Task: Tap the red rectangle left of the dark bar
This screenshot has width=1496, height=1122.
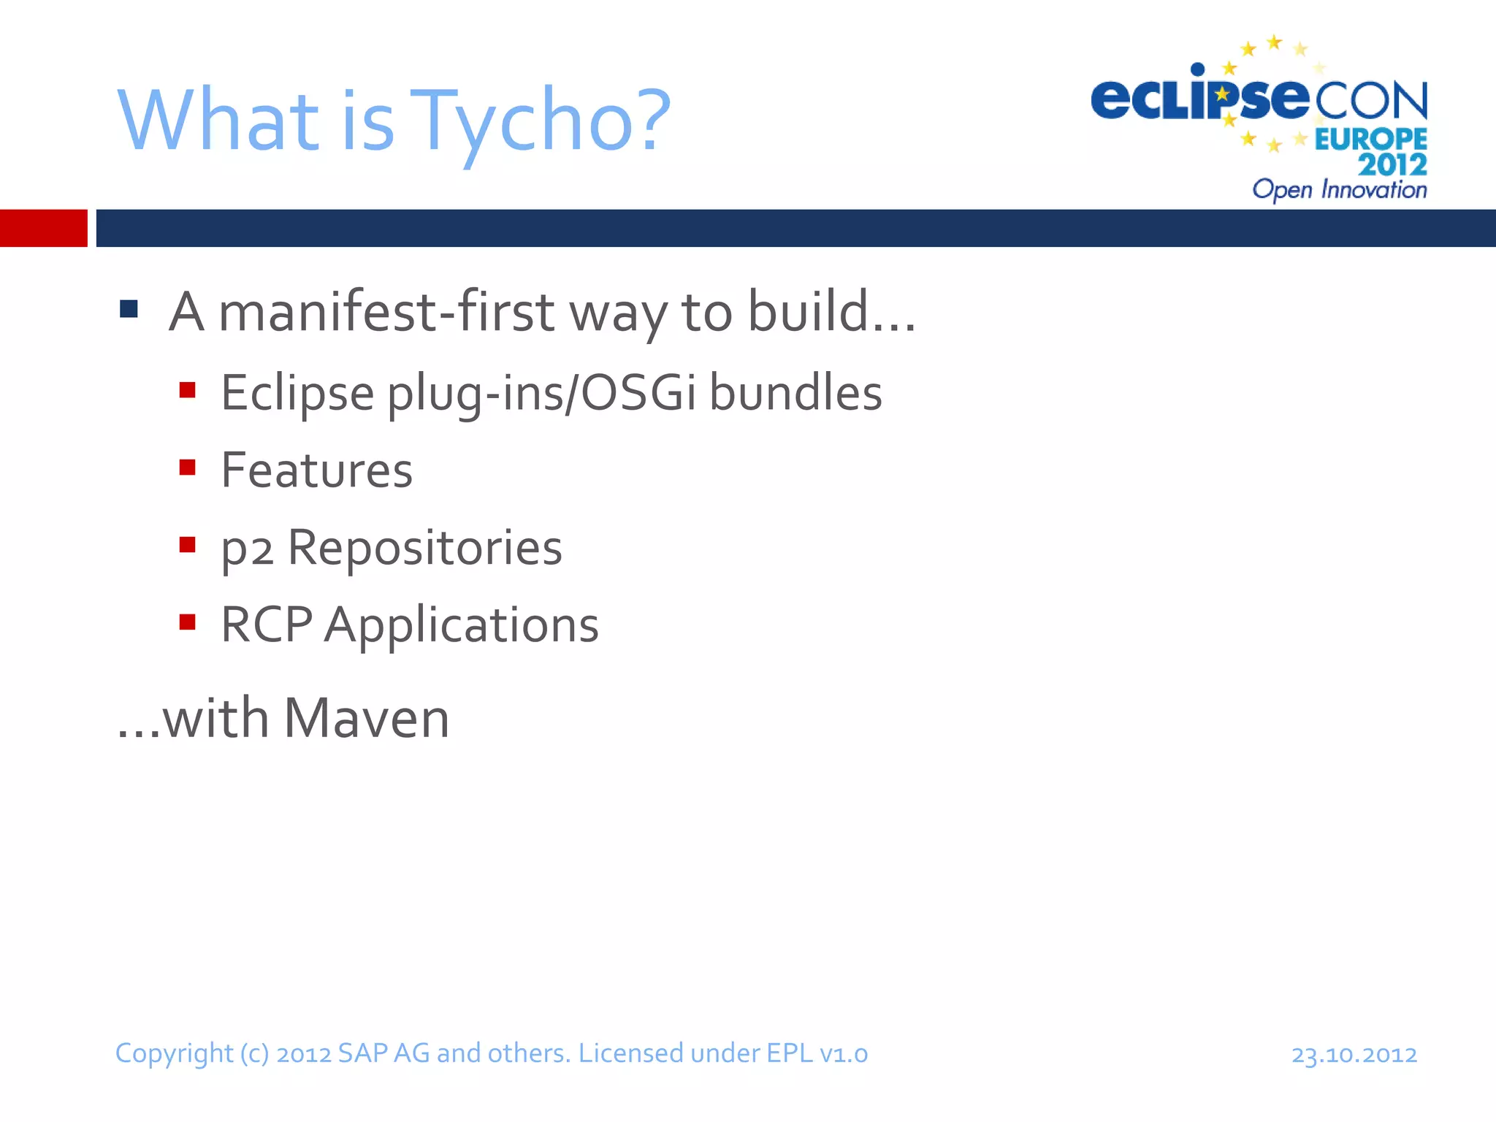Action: pyautogui.click(x=43, y=228)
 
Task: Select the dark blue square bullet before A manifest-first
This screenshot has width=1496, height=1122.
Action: pyautogui.click(x=129, y=309)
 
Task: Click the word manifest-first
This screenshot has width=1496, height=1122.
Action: pyautogui.click(x=387, y=312)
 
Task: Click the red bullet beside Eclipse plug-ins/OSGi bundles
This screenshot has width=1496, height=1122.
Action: pyautogui.click(x=188, y=390)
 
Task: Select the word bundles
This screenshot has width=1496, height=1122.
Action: pyautogui.click(x=795, y=393)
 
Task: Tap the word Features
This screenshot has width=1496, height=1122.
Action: pyautogui.click(x=317, y=470)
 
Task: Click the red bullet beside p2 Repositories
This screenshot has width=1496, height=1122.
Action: pyautogui.click(x=188, y=545)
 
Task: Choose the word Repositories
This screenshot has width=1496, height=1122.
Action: pyautogui.click(x=424, y=548)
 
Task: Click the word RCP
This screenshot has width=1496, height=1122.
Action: pyautogui.click(x=267, y=625)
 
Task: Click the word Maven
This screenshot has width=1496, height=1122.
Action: pyautogui.click(x=366, y=719)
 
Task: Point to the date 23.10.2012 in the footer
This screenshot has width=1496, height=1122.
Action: pyautogui.click(x=1354, y=1055)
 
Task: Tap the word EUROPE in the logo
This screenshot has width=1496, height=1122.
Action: pyautogui.click(x=1370, y=139)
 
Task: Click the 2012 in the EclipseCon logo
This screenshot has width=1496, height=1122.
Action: pyautogui.click(x=1392, y=164)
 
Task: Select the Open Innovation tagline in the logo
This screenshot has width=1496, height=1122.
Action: pyautogui.click(x=1339, y=190)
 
